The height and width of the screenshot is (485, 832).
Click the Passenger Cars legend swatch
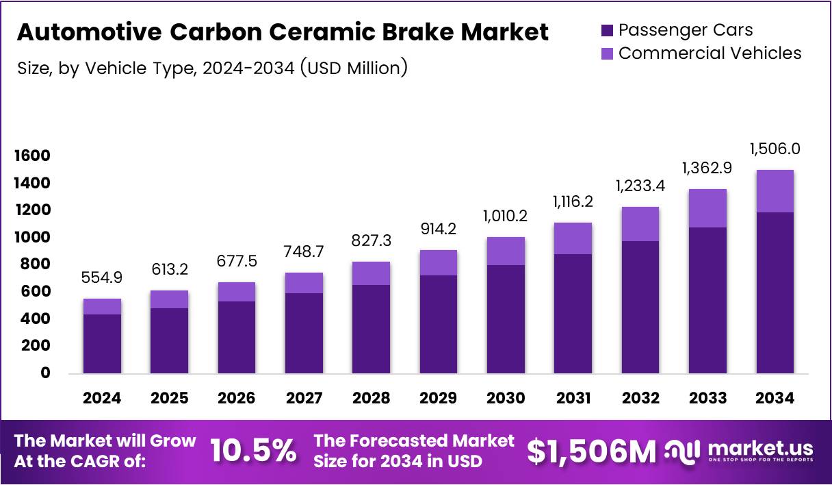point(608,31)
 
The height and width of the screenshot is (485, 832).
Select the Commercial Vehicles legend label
point(710,53)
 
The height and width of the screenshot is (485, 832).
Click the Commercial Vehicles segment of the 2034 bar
point(775,190)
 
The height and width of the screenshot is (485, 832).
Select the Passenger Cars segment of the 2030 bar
point(506,319)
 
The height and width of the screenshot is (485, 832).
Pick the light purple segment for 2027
point(304,283)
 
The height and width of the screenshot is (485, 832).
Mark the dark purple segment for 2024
point(102,343)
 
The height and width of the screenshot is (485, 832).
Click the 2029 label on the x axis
point(439,398)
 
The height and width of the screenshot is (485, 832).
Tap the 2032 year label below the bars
point(640,398)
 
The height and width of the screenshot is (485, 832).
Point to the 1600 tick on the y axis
point(32,156)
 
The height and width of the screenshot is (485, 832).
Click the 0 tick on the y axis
point(45,373)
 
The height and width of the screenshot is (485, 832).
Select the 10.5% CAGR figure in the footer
point(253,451)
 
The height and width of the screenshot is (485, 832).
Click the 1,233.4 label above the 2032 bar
point(640,186)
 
